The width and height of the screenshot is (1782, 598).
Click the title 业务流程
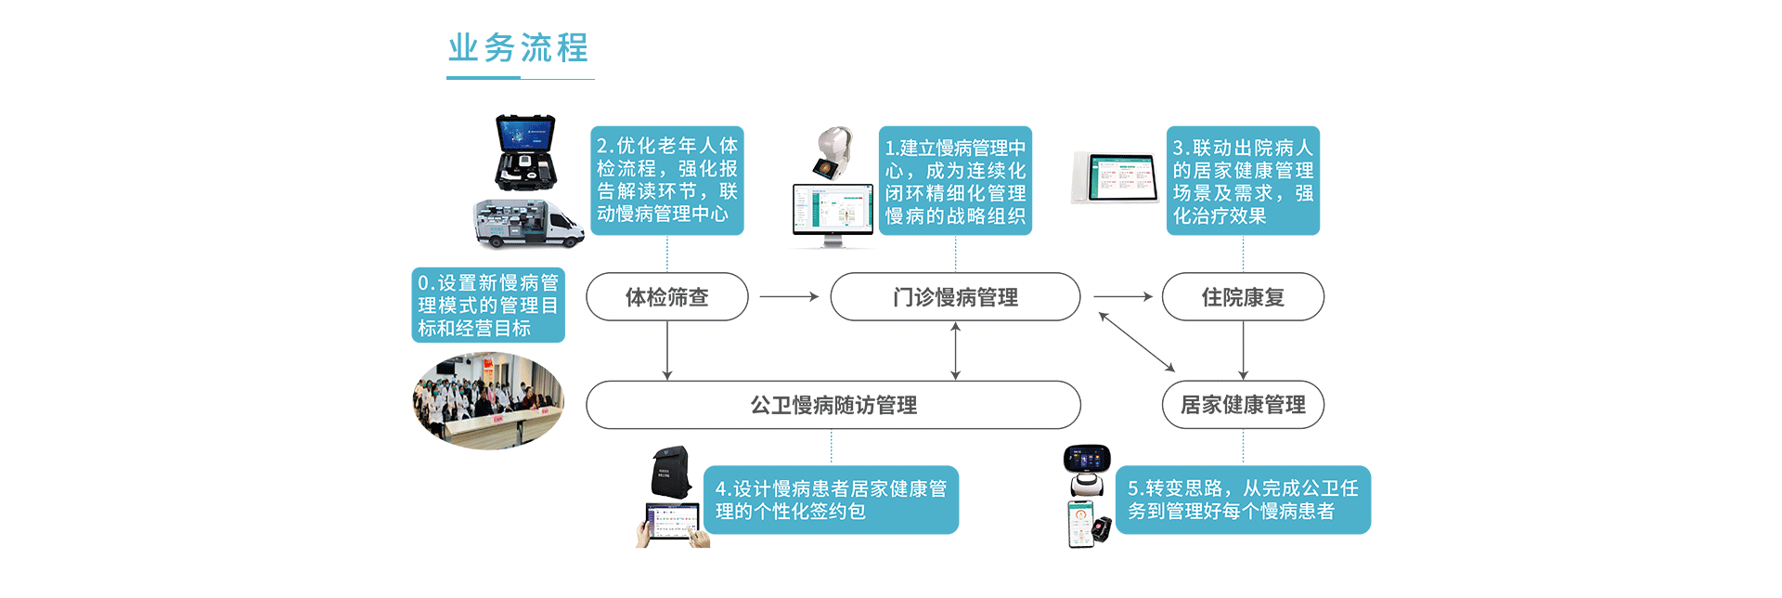518,48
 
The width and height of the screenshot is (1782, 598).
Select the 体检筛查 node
666,297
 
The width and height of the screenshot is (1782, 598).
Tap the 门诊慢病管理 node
955,297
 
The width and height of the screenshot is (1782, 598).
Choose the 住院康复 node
1243,297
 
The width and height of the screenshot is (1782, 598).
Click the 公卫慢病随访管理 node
833,405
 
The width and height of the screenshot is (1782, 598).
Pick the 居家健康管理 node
1243,405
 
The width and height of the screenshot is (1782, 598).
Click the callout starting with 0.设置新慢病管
488,305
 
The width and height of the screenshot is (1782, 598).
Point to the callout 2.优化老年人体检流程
666,180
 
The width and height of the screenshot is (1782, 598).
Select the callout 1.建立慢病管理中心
955,181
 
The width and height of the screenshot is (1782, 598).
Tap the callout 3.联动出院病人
1243,181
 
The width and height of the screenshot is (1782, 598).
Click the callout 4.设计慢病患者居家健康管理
831,500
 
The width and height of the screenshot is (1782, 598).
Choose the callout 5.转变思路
1243,500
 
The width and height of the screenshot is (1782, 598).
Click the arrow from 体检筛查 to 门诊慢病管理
789,297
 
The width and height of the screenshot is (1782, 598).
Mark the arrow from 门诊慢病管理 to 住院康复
1123,297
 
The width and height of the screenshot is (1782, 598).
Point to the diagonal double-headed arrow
1137,342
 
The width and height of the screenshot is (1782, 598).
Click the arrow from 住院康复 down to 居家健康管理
1243,350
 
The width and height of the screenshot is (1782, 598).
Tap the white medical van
527,224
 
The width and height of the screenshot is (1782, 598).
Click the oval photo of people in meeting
488,401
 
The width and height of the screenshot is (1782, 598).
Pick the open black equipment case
525,152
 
